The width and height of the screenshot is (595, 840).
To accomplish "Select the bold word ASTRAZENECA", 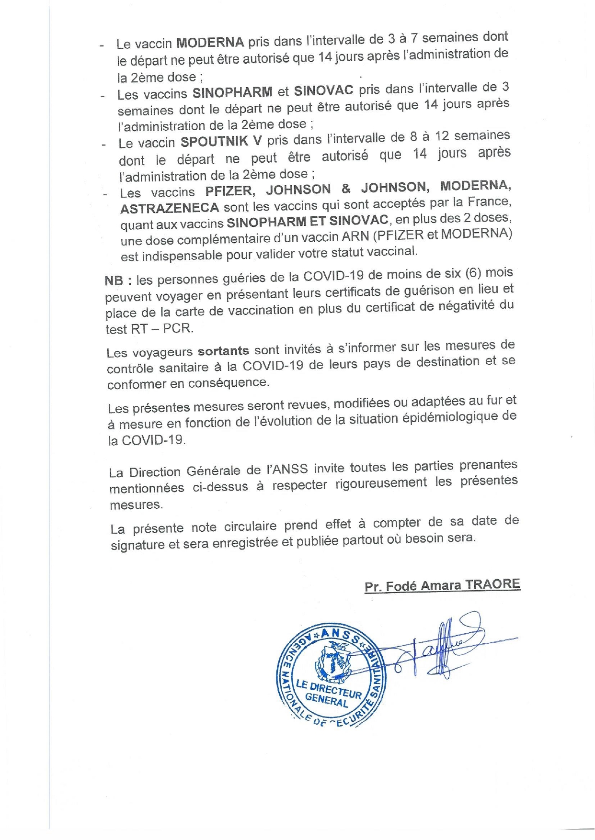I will [x=170, y=208].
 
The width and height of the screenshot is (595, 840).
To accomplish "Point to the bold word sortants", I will [x=223, y=351].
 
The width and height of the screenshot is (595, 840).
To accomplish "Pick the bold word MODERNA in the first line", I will [x=210, y=42].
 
